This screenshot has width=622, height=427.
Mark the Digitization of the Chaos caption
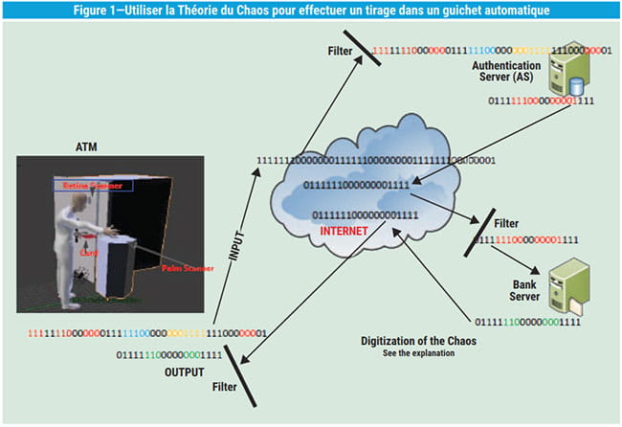(419, 342)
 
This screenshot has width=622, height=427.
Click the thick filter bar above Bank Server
(481, 230)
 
